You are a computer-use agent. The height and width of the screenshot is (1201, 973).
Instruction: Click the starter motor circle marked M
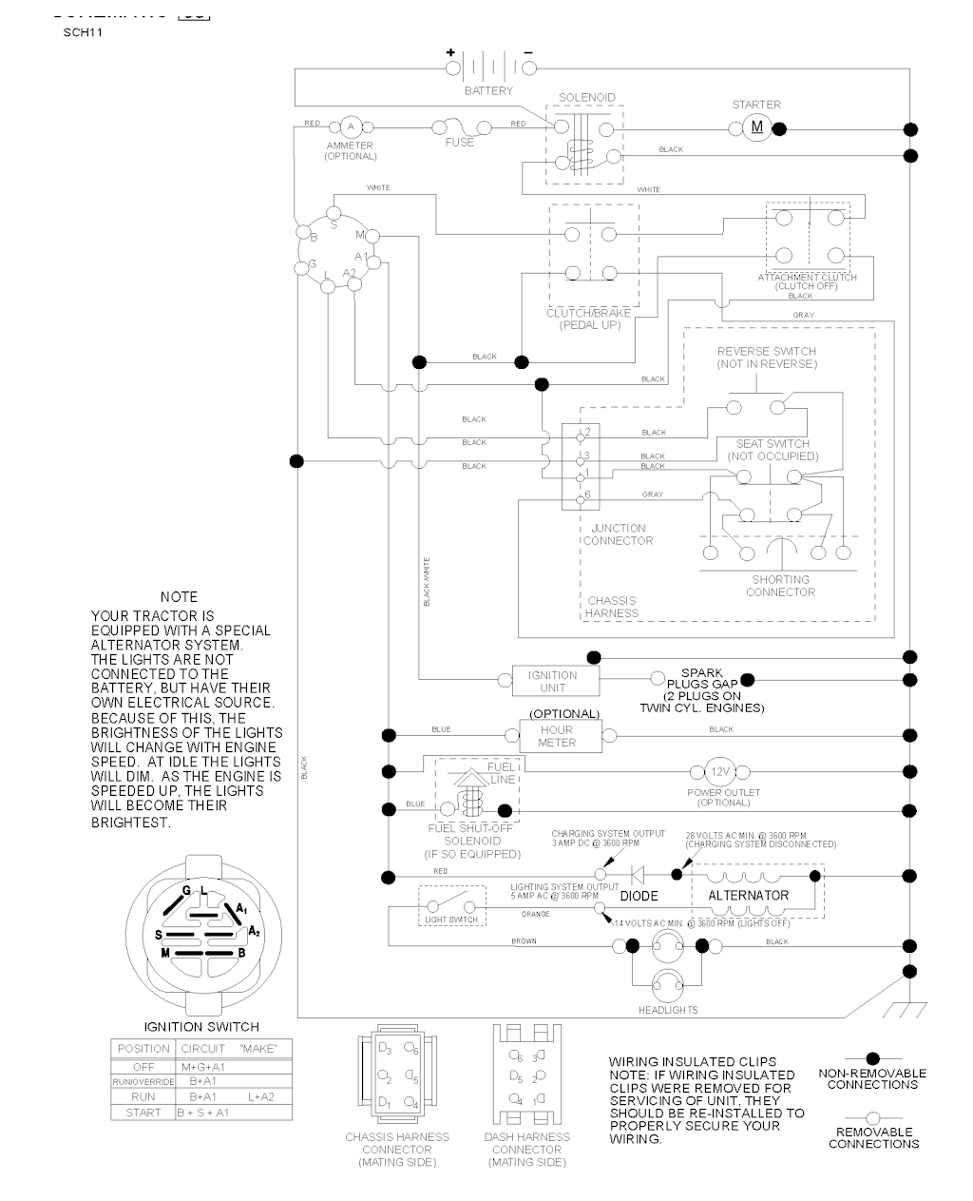757,127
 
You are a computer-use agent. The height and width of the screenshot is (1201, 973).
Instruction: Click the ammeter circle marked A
350,126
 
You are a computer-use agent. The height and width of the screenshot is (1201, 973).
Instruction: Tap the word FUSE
460,143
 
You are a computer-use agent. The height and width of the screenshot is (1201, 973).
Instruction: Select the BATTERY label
488,91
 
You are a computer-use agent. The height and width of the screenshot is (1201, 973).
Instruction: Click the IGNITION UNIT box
552,681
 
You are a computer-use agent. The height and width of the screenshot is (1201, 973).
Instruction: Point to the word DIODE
639,896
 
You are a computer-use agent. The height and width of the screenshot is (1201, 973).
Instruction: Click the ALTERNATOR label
748,896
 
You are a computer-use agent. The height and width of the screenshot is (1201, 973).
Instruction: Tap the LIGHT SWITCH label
450,920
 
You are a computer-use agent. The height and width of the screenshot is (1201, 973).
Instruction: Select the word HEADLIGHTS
668,1010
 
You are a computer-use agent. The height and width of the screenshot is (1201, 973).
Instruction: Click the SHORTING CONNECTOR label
780,586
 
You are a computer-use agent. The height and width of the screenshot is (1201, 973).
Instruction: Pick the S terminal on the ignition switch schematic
333,224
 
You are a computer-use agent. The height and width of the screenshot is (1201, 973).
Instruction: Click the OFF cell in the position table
143,1067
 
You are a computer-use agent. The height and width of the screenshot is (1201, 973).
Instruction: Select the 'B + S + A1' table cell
202,1113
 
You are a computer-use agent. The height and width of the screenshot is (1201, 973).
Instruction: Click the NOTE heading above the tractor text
179,597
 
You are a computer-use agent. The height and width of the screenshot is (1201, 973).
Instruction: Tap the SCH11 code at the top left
83,32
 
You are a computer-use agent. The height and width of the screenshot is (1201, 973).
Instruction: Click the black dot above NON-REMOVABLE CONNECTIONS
872,1058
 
